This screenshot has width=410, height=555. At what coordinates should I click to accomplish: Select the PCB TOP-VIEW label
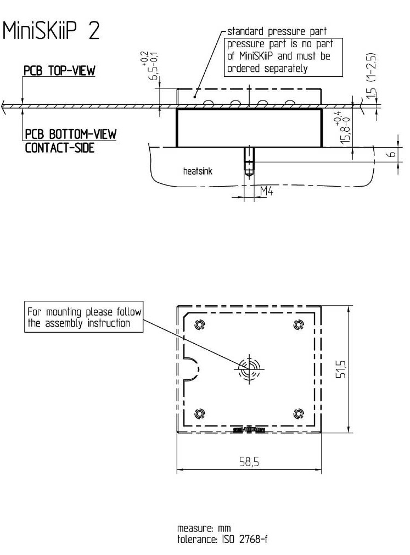coord(59,72)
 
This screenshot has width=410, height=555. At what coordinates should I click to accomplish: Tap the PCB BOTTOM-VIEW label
coord(70,134)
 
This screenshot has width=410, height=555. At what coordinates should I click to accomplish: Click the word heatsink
coord(198,171)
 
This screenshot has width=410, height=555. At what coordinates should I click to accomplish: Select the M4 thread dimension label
coord(267,190)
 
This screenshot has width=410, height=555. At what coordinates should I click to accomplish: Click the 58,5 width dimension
coord(249,462)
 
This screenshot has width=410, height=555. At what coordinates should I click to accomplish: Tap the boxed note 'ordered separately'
coord(267,69)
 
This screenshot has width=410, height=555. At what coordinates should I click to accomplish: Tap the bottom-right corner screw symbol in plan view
coord(299,413)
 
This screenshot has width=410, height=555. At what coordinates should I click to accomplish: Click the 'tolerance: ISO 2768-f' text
coord(222,539)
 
